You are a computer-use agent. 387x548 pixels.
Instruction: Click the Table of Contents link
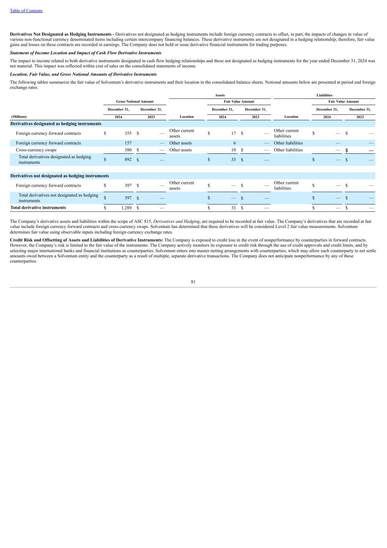click(26, 11)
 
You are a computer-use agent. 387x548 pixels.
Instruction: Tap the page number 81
click(193, 282)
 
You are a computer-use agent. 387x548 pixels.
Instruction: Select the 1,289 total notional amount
click(126, 208)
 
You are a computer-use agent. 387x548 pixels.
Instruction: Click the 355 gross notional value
click(128, 133)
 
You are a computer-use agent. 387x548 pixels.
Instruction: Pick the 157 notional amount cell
click(128, 143)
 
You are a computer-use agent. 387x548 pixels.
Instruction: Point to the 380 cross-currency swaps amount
click(128, 150)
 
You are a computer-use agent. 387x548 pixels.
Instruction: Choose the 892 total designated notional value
click(128, 160)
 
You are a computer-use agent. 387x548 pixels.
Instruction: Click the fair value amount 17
click(233, 133)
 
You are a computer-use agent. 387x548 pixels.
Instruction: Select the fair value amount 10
click(233, 150)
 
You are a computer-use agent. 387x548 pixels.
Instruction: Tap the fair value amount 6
click(234, 143)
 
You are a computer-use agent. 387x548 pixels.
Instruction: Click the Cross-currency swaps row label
click(36, 150)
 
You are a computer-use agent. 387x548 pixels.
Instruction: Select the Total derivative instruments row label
click(38, 208)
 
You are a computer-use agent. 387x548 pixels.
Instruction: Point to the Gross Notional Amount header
click(135, 102)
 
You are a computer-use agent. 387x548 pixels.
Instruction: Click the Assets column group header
click(220, 95)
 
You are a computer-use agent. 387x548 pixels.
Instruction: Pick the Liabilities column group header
click(324, 95)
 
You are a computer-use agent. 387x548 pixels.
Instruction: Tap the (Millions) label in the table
click(19, 117)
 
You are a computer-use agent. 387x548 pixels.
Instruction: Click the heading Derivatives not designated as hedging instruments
click(59, 176)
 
